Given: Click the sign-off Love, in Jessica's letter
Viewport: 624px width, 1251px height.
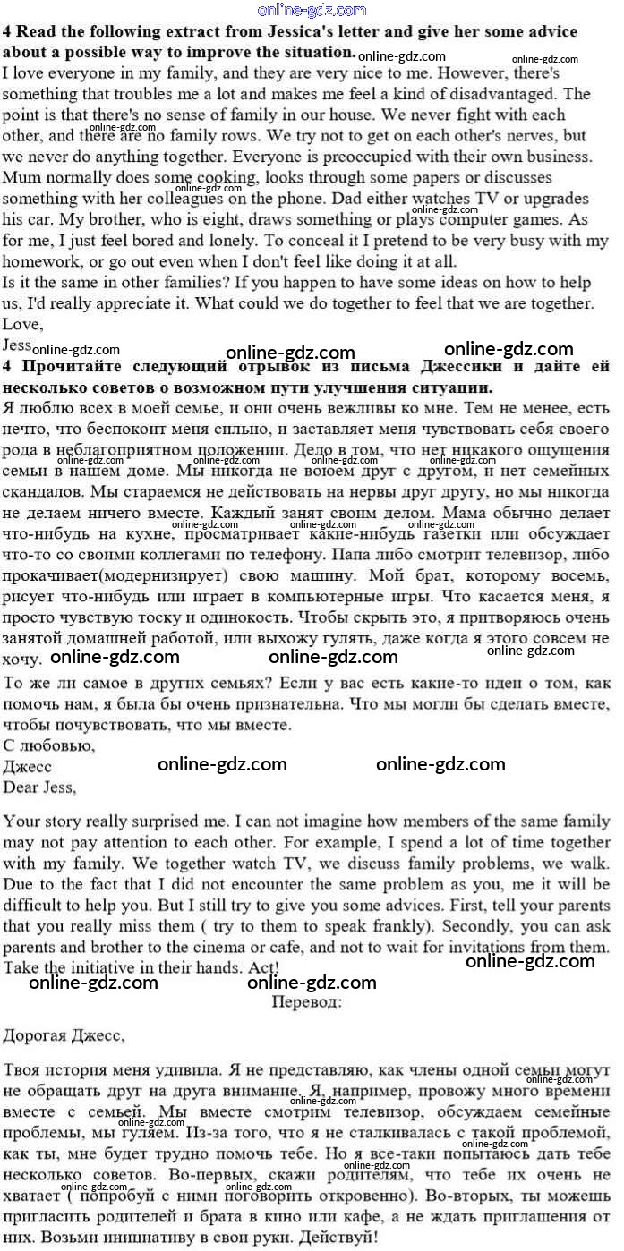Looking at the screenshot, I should [x=22, y=324].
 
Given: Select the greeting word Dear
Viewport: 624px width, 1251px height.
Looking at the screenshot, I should [x=21, y=787].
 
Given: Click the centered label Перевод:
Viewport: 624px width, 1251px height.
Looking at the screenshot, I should [x=307, y=1002].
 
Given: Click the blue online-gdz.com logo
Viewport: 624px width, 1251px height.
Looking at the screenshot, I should [x=312, y=10].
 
